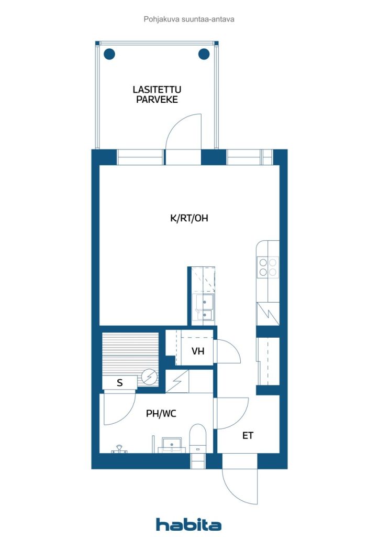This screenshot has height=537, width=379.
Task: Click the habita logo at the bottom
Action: [x=188, y=524]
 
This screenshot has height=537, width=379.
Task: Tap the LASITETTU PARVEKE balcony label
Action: [x=157, y=94]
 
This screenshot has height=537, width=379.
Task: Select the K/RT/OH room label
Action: [x=189, y=218]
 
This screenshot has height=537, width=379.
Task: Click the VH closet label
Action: [x=198, y=351]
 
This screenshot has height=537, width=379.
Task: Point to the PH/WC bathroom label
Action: [x=161, y=414]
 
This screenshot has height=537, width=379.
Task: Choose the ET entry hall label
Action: [x=248, y=436]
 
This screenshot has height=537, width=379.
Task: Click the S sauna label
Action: [x=119, y=383]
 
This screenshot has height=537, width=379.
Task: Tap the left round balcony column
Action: [x=109, y=54]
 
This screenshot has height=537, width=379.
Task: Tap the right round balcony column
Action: [x=204, y=54]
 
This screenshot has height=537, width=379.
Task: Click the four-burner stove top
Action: [x=268, y=267]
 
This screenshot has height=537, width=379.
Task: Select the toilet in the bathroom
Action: [x=198, y=438]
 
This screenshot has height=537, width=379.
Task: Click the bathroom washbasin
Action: [x=172, y=445]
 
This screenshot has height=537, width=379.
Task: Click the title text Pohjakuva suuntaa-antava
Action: [x=189, y=19]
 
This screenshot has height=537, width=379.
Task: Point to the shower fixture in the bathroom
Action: [x=119, y=449]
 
